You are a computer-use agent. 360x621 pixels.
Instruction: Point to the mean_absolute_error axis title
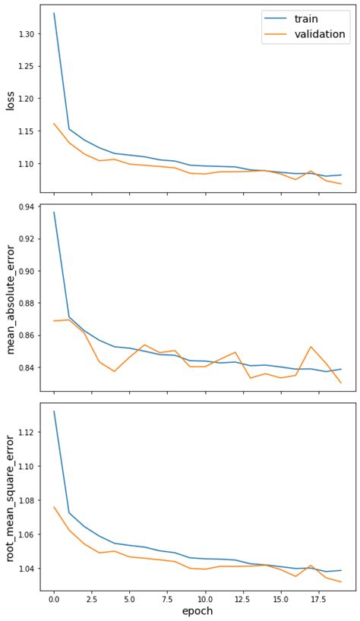coord(11,299)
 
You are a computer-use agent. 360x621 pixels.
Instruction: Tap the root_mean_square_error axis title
coord(11,498)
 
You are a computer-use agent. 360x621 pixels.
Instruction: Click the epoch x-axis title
coord(197,611)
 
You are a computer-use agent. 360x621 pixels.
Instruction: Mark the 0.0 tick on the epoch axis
coord(53,598)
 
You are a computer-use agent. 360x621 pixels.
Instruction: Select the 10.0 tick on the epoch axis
coord(205,598)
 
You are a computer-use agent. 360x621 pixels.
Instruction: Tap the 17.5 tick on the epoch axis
coord(318,598)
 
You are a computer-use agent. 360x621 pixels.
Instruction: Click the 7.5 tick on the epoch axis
coord(167,598)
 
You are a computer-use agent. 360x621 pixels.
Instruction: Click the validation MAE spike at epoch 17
coord(311,347)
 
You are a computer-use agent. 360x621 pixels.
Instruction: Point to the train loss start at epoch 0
coord(54,13)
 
